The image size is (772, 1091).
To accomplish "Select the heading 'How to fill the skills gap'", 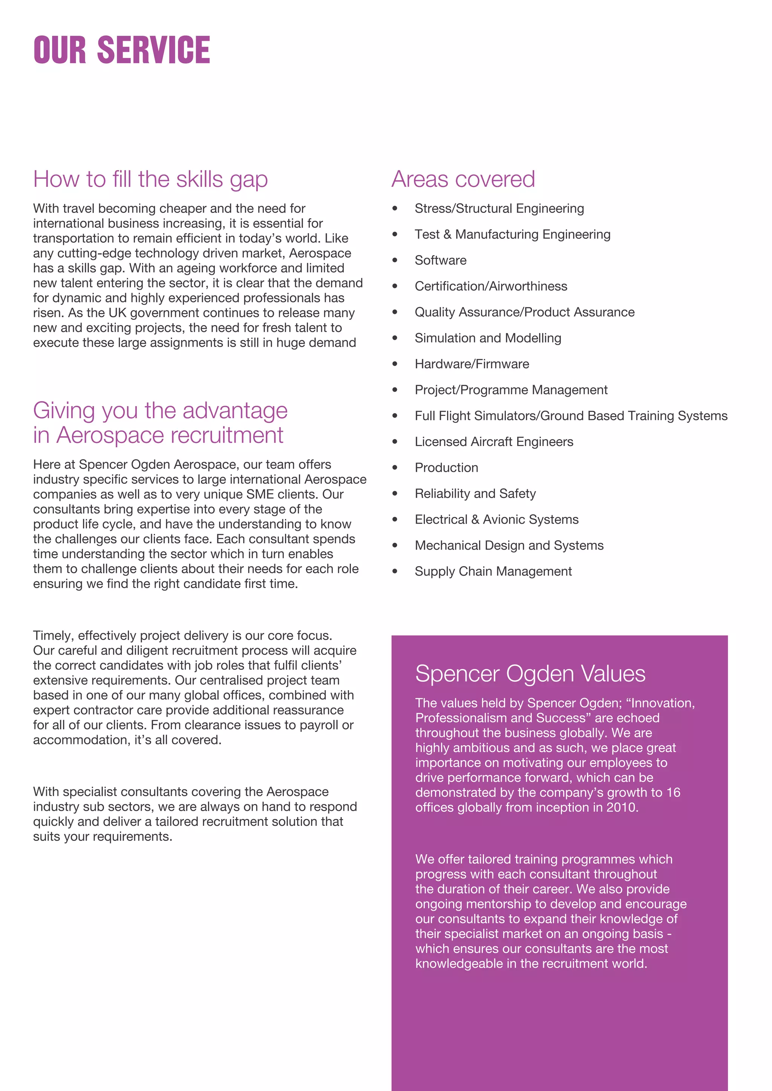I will (x=150, y=180).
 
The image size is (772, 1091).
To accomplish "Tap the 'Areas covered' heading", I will (x=463, y=180).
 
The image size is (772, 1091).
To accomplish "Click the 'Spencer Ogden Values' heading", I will (x=530, y=674).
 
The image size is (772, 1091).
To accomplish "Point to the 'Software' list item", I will (x=440, y=260).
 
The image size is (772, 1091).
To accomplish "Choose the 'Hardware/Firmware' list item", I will (x=472, y=364).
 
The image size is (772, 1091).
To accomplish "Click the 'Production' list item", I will (x=446, y=468).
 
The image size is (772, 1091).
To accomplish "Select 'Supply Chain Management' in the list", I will (x=493, y=571).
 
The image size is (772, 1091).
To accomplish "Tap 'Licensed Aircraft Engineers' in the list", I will (x=493, y=442).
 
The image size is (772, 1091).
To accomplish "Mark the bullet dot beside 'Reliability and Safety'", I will (x=395, y=494).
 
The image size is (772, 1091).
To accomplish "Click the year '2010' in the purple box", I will (x=621, y=807).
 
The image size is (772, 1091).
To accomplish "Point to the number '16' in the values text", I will (x=673, y=793).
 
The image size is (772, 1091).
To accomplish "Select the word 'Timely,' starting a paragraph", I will (x=54, y=636).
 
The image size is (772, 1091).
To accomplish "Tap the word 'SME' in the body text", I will (x=260, y=494).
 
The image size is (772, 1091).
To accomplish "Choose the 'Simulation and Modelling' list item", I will (x=488, y=338).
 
